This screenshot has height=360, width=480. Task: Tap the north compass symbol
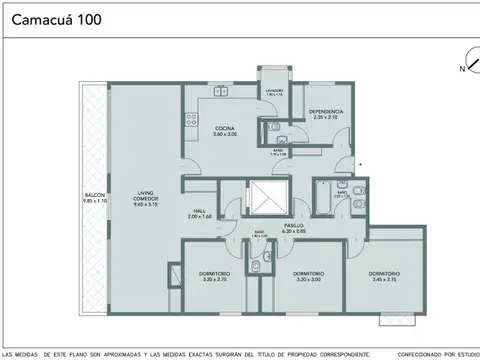[462, 63]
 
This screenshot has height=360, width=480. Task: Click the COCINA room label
[224, 129]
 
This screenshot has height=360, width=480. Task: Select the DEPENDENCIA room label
[326, 111]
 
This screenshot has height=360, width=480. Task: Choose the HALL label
[198, 212]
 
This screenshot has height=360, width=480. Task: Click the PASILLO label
[292, 226]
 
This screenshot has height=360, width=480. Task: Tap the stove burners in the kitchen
[188, 126]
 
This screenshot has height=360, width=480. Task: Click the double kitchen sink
[221, 92]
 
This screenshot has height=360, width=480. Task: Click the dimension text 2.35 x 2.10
[326, 117]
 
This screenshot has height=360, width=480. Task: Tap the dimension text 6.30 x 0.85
[292, 231]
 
